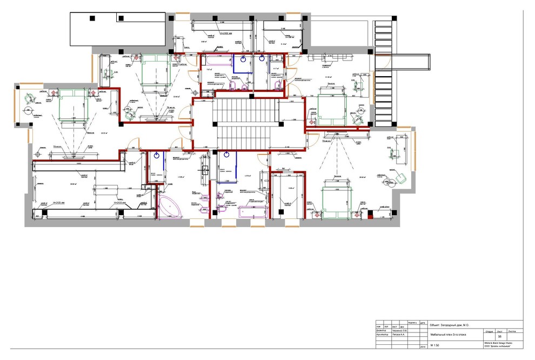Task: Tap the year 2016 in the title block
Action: point(422,347)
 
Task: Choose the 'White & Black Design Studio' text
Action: point(498,343)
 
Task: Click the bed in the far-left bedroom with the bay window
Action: point(72,105)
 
